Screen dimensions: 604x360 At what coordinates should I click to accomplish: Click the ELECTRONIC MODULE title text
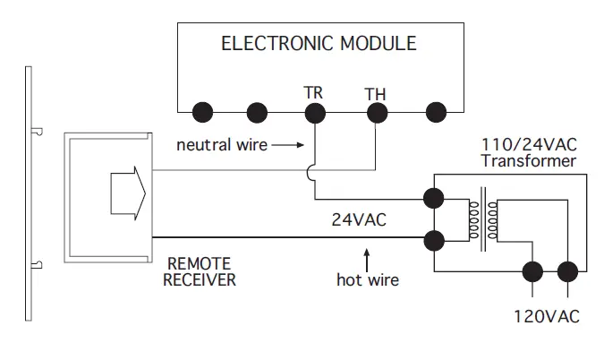(319, 43)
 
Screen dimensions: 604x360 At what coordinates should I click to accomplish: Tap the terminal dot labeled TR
(315, 113)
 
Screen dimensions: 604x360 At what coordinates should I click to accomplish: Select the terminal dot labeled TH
(377, 113)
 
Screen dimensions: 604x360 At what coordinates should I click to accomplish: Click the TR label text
(313, 92)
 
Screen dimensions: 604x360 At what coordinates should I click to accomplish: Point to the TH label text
(375, 94)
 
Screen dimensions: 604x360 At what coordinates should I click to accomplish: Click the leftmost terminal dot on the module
(202, 113)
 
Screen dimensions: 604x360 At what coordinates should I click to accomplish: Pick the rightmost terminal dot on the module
(436, 113)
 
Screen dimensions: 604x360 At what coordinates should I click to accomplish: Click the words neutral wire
(222, 145)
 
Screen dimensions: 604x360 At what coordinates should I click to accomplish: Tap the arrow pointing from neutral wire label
(288, 145)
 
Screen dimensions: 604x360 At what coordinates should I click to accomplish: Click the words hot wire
(368, 279)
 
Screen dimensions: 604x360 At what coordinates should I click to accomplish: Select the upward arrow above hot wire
(367, 261)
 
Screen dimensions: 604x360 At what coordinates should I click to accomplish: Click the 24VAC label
(359, 219)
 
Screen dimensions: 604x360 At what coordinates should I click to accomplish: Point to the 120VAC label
(547, 316)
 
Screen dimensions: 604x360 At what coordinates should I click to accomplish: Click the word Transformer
(529, 161)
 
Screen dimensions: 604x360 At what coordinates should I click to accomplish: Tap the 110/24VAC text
(529, 145)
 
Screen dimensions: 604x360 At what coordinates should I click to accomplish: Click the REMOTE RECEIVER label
(200, 271)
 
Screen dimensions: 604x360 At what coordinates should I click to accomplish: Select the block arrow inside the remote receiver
(128, 193)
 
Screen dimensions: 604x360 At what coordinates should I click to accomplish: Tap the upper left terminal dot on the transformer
(434, 198)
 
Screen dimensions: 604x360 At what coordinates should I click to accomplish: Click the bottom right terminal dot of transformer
(567, 271)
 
